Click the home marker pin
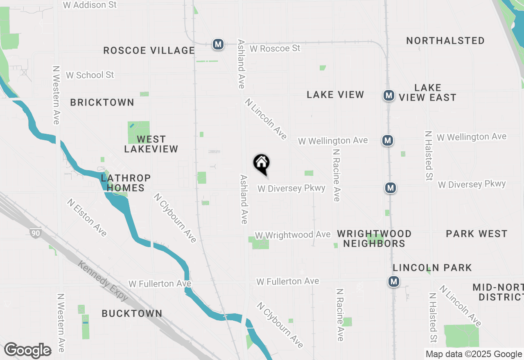[261, 164]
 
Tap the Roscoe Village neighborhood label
[149, 50]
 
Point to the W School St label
[90, 75]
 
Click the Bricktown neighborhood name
[102, 102]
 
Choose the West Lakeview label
[151, 144]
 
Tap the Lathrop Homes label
[126, 183]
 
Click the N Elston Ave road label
[87, 218]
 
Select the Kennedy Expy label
[103, 282]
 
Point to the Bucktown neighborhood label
[132, 313]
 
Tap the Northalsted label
[445, 40]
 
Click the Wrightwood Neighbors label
[374, 239]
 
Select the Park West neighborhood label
[477, 234]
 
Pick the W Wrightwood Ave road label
[292, 235]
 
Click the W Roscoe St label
[275, 48]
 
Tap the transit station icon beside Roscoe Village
[218, 44]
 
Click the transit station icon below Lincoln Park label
[394, 281]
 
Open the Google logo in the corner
[27, 350]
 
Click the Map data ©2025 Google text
[474, 354]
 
